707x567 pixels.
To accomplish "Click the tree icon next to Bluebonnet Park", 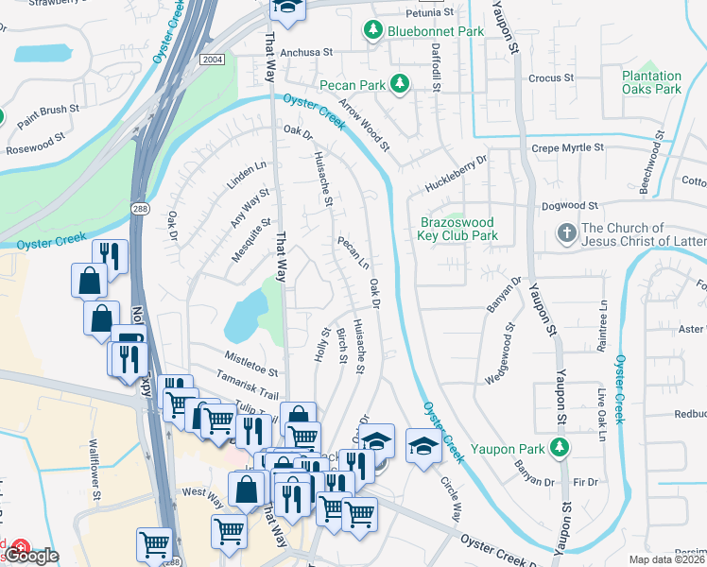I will [373, 31].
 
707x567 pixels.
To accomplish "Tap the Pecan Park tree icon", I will [401, 85].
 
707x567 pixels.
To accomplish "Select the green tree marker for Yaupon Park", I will [561, 446].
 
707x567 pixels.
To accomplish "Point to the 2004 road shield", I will [212, 59].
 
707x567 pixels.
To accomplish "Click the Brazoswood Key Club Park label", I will [458, 229].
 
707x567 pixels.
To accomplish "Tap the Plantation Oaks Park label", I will [651, 82].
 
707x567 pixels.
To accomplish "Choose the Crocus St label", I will [552, 77].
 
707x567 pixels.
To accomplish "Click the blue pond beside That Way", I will [244, 315].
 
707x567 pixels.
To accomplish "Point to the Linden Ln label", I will [247, 175].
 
